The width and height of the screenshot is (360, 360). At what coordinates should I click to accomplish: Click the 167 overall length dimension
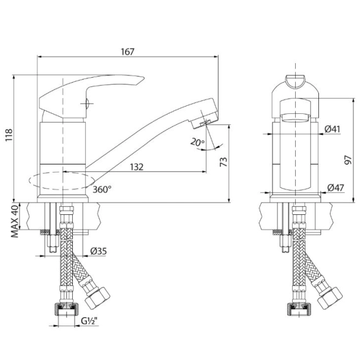[127, 51]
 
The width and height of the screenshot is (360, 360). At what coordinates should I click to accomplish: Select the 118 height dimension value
[9, 135]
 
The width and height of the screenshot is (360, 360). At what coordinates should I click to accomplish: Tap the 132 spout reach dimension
[137, 167]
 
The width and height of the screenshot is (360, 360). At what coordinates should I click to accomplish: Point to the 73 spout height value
[223, 162]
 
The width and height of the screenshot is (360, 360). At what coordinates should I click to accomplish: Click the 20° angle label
[197, 143]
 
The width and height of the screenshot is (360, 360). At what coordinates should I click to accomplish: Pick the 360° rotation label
[102, 189]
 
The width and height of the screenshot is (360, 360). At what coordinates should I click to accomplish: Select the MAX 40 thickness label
[15, 222]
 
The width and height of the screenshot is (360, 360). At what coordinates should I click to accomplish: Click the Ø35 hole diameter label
[99, 251]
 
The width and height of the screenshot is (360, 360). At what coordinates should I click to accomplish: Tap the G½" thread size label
[89, 321]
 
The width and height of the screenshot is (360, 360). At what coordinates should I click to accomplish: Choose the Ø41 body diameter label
[332, 129]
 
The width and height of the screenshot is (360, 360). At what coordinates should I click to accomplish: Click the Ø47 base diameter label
[336, 187]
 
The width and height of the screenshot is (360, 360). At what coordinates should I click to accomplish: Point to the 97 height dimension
[348, 160]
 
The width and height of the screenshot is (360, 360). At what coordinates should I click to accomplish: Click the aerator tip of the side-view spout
[204, 122]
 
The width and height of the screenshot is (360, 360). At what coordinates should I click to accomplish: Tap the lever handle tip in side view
[143, 78]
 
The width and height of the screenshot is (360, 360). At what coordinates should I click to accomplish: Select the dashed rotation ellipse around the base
[62, 181]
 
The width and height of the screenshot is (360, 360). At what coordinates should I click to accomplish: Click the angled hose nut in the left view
[97, 298]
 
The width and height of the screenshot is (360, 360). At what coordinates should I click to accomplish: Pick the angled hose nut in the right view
[329, 299]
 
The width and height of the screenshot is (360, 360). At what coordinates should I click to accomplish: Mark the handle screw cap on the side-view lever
[87, 103]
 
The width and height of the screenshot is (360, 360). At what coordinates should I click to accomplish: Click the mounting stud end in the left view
[53, 244]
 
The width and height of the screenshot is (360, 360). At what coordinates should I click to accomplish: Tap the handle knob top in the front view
[295, 81]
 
